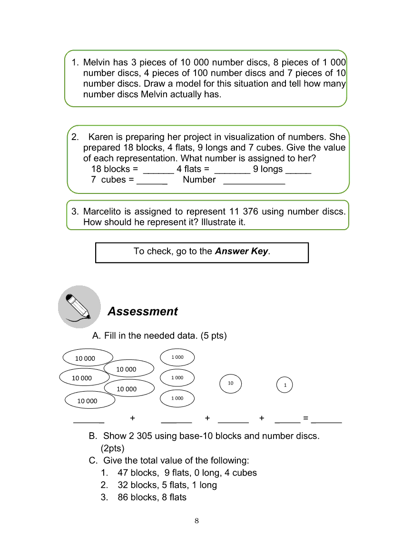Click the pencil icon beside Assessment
tap(79, 307)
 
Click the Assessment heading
tap(142, 312)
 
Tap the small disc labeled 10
tap(231, 383)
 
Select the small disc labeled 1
tap(285, 385)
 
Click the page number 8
tap(196, 521)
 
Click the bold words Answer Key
tap(242, 251)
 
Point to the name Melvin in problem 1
tap(97, 62)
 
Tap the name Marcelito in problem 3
tap(106, 211)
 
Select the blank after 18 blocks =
tap(158, 170)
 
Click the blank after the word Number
tap(254, 181)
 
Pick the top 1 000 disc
tap(177, 357)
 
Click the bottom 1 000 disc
tap(177, 398)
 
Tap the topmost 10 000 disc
tap(86, 358)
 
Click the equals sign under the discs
tap(306, 418)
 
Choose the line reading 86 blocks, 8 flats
tap(152, 497)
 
